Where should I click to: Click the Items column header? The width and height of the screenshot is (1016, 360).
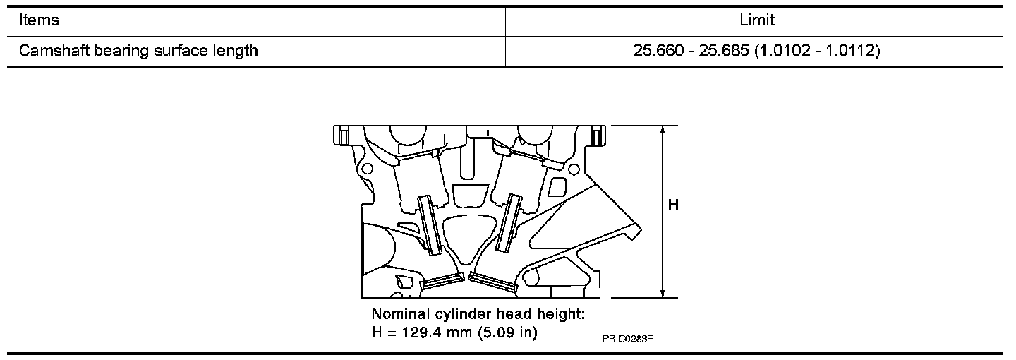[39, 20]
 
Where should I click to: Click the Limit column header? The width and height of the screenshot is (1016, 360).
[757, 20]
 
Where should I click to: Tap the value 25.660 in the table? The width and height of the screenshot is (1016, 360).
[658, 50]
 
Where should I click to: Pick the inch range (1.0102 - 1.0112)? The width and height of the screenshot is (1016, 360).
[817, 50]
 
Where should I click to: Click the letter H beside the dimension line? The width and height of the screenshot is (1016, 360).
[674, 205]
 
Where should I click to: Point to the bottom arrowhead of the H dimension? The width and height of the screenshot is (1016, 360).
[663, 293]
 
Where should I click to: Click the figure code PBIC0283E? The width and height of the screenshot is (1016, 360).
[628, 339]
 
